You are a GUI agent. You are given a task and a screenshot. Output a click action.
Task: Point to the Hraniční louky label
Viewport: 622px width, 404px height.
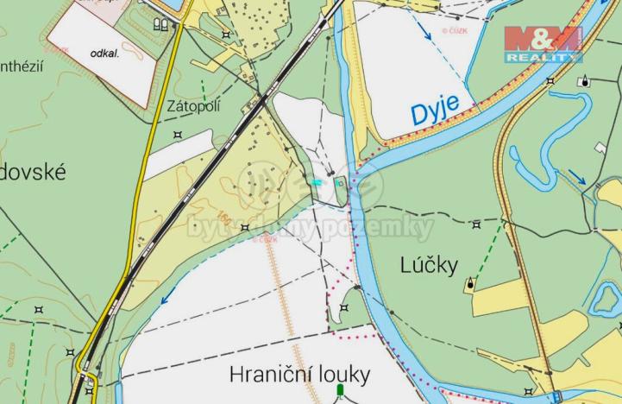299,374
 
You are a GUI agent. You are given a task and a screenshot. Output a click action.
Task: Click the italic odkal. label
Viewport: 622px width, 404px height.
104,53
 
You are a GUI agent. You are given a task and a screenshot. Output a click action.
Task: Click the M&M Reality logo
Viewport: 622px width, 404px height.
543,44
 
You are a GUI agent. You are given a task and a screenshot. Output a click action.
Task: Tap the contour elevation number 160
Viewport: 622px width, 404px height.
224,212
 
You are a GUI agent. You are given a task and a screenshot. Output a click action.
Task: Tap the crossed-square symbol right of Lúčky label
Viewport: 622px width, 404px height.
475,224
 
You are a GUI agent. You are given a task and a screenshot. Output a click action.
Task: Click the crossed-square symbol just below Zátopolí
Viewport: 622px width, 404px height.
178,134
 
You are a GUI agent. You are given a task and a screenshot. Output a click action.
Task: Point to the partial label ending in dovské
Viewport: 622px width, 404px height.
34,172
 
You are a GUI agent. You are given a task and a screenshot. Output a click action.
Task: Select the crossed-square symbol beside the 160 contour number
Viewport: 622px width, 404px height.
246,228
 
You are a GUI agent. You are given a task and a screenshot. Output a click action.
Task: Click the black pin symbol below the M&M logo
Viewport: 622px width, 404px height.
587,82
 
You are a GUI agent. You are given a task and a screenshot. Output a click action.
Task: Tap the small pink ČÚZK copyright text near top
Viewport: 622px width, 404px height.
455,30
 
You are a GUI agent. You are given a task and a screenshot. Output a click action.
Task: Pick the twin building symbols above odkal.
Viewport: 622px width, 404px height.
159,24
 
